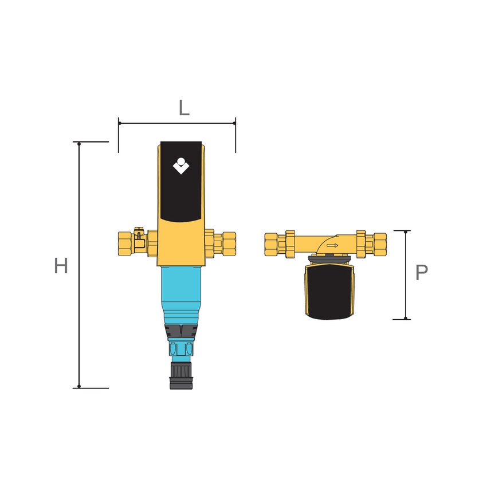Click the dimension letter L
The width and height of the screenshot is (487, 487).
tap(184, 108)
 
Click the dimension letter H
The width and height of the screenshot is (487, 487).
tap(61, 266)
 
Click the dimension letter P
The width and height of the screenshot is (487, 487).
tap(422, 272)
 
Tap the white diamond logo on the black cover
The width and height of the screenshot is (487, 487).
tap(180, 166)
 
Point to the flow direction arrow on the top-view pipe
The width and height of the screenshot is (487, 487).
tap(332, 245)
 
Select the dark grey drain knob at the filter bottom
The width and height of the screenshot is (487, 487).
tap(181, 375)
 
